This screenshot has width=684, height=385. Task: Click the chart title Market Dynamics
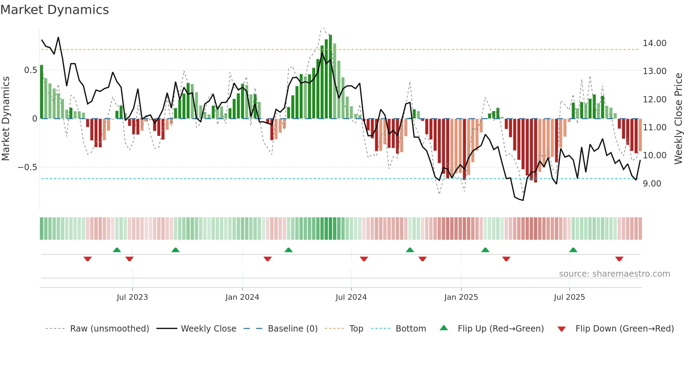(x=54, y=10)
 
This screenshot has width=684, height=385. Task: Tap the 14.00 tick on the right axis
(x=654, y=43)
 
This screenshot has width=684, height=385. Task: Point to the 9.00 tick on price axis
(x=652, y=184)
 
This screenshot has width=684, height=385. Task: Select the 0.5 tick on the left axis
(x=30, y=70)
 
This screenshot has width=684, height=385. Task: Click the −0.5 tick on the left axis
(x=28, y=167)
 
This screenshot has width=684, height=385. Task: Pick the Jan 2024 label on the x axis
(x=242, y=297)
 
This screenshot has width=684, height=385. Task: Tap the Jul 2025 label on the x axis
(x=569, y=297)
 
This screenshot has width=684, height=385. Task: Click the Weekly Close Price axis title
(x=678, y=119)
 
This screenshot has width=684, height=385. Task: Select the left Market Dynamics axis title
(x=6, y=119)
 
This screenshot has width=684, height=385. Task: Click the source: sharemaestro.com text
(x=614, y=274)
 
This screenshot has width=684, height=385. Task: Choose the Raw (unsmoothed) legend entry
(x=109, y=329)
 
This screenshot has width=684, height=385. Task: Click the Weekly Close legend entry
(x=208, y=329)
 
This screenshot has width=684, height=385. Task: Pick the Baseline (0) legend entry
(x=292, y=329)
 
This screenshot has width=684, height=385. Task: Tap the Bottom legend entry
(x=410, y=329)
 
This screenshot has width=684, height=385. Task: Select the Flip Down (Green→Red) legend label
(x=624, y=329)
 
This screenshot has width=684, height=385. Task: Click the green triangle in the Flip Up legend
(x=444, y=328)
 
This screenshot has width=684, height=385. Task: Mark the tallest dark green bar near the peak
(x=330, y=77)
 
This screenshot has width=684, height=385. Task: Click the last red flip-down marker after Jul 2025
(x=619, y=259)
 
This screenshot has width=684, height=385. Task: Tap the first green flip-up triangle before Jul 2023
(x=117, y=250)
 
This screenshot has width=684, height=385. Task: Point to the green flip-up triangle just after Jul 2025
(x=573, y=250)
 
